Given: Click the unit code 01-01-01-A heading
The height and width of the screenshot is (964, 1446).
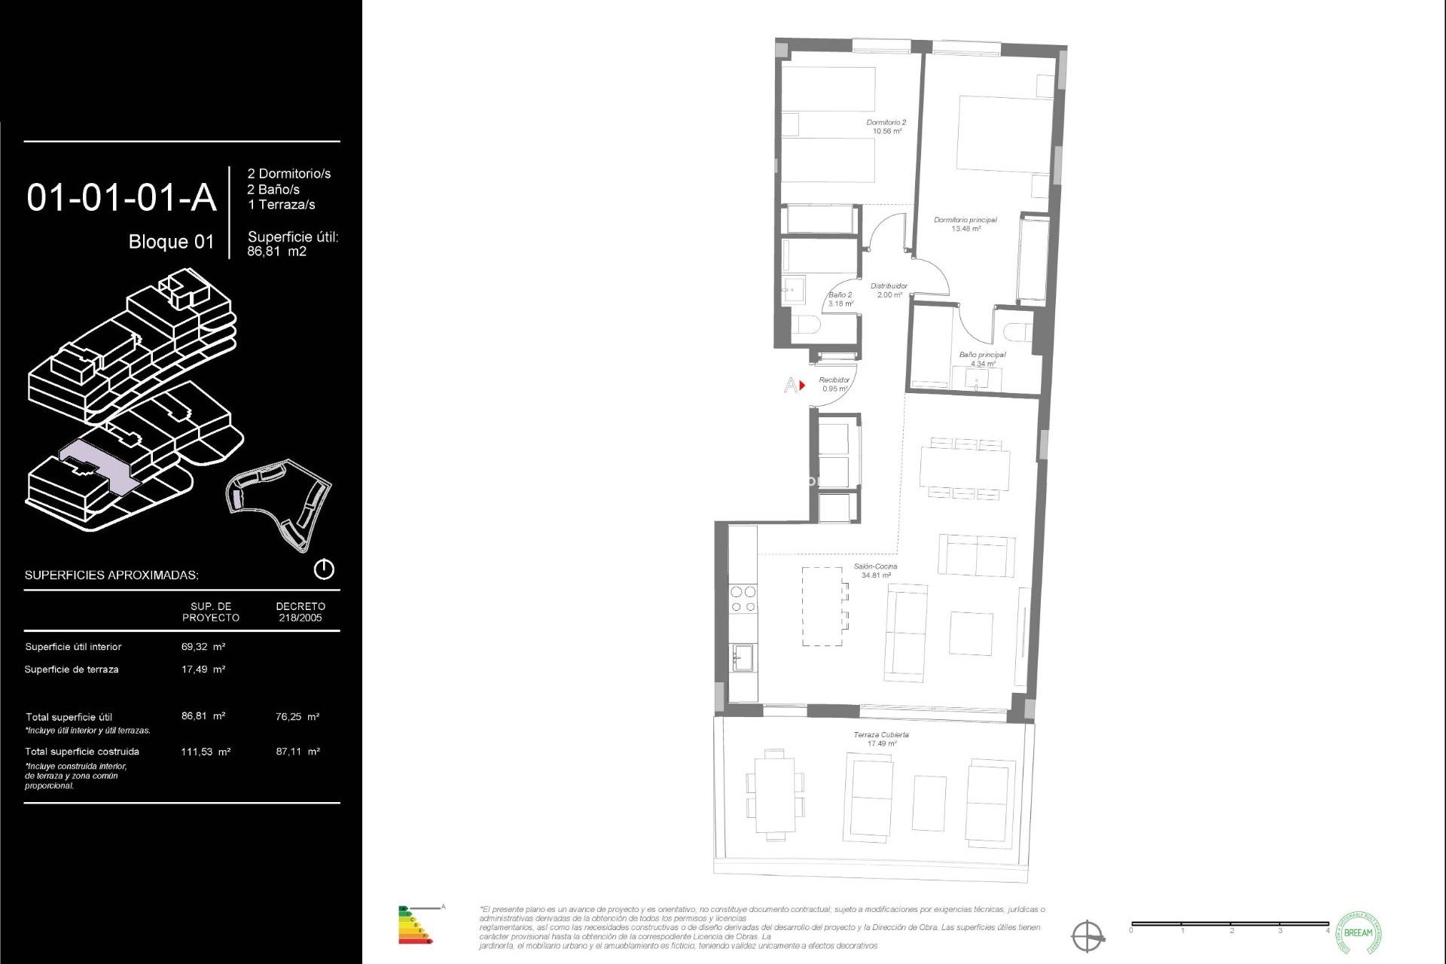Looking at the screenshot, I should tap(121, 198).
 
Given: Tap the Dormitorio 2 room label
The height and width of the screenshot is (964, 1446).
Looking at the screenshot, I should tap(886, 127).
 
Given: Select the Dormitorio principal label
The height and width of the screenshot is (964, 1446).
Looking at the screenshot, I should tap(965, 224).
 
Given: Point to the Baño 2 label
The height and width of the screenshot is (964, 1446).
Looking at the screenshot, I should tap(840, 299).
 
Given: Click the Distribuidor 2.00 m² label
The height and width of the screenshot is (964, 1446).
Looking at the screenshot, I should tap(889, 290).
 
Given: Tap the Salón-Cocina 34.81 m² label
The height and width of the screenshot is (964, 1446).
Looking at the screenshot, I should tap(875, 570).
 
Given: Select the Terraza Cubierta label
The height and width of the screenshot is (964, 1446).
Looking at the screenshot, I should tap(880, 738).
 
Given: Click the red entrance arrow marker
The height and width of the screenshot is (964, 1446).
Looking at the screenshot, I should tap(802, 385).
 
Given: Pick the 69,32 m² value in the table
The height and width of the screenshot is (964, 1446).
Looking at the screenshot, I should tap(203, 646).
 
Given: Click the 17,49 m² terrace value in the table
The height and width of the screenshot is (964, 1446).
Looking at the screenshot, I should tap(203, 669).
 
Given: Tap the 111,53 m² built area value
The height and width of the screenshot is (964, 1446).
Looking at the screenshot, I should tap(205, 751).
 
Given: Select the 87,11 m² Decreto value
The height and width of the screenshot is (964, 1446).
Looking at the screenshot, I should tap(297, 751).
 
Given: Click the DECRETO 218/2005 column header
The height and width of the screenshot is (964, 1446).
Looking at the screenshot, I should tap(300, 612).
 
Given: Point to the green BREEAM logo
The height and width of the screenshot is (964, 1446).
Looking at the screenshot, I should tap(1358, 932).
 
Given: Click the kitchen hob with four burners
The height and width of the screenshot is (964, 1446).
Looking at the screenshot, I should tap(743, 599).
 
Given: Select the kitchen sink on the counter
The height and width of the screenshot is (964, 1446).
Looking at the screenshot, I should tap(743, 657).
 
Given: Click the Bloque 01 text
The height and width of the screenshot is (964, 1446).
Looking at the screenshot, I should tap(171, 242).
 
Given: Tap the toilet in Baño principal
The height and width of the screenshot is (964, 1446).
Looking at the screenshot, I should tap(1017, 332).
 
